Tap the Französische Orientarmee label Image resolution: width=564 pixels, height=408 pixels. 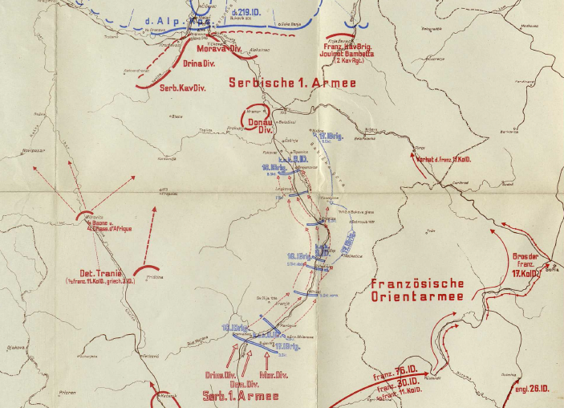tap(417, 291)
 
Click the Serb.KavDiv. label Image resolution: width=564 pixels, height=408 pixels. tap(182, 88)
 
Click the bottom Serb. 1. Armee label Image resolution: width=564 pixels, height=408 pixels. tap(240, 397)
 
